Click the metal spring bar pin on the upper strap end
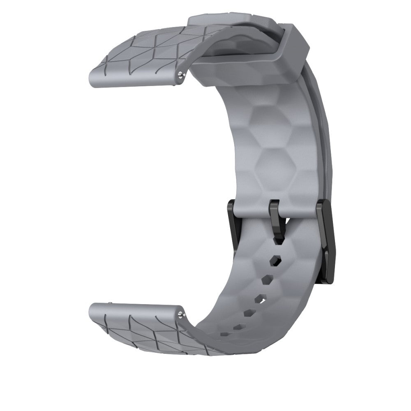181,74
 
